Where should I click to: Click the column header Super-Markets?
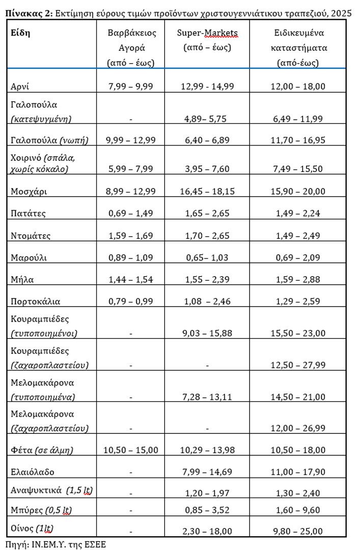207,33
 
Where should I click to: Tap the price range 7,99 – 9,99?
131,86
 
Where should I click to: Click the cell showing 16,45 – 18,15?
207,191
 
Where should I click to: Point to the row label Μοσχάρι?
27,191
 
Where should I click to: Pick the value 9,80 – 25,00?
297,531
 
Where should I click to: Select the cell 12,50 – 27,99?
297,365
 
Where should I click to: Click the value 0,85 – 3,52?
207,511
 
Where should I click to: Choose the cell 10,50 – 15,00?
131,450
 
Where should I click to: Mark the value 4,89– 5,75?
207,119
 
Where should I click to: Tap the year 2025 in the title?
341,13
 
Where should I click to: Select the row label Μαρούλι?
29,257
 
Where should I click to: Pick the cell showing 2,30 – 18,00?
207,531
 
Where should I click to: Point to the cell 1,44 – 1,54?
131,279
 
